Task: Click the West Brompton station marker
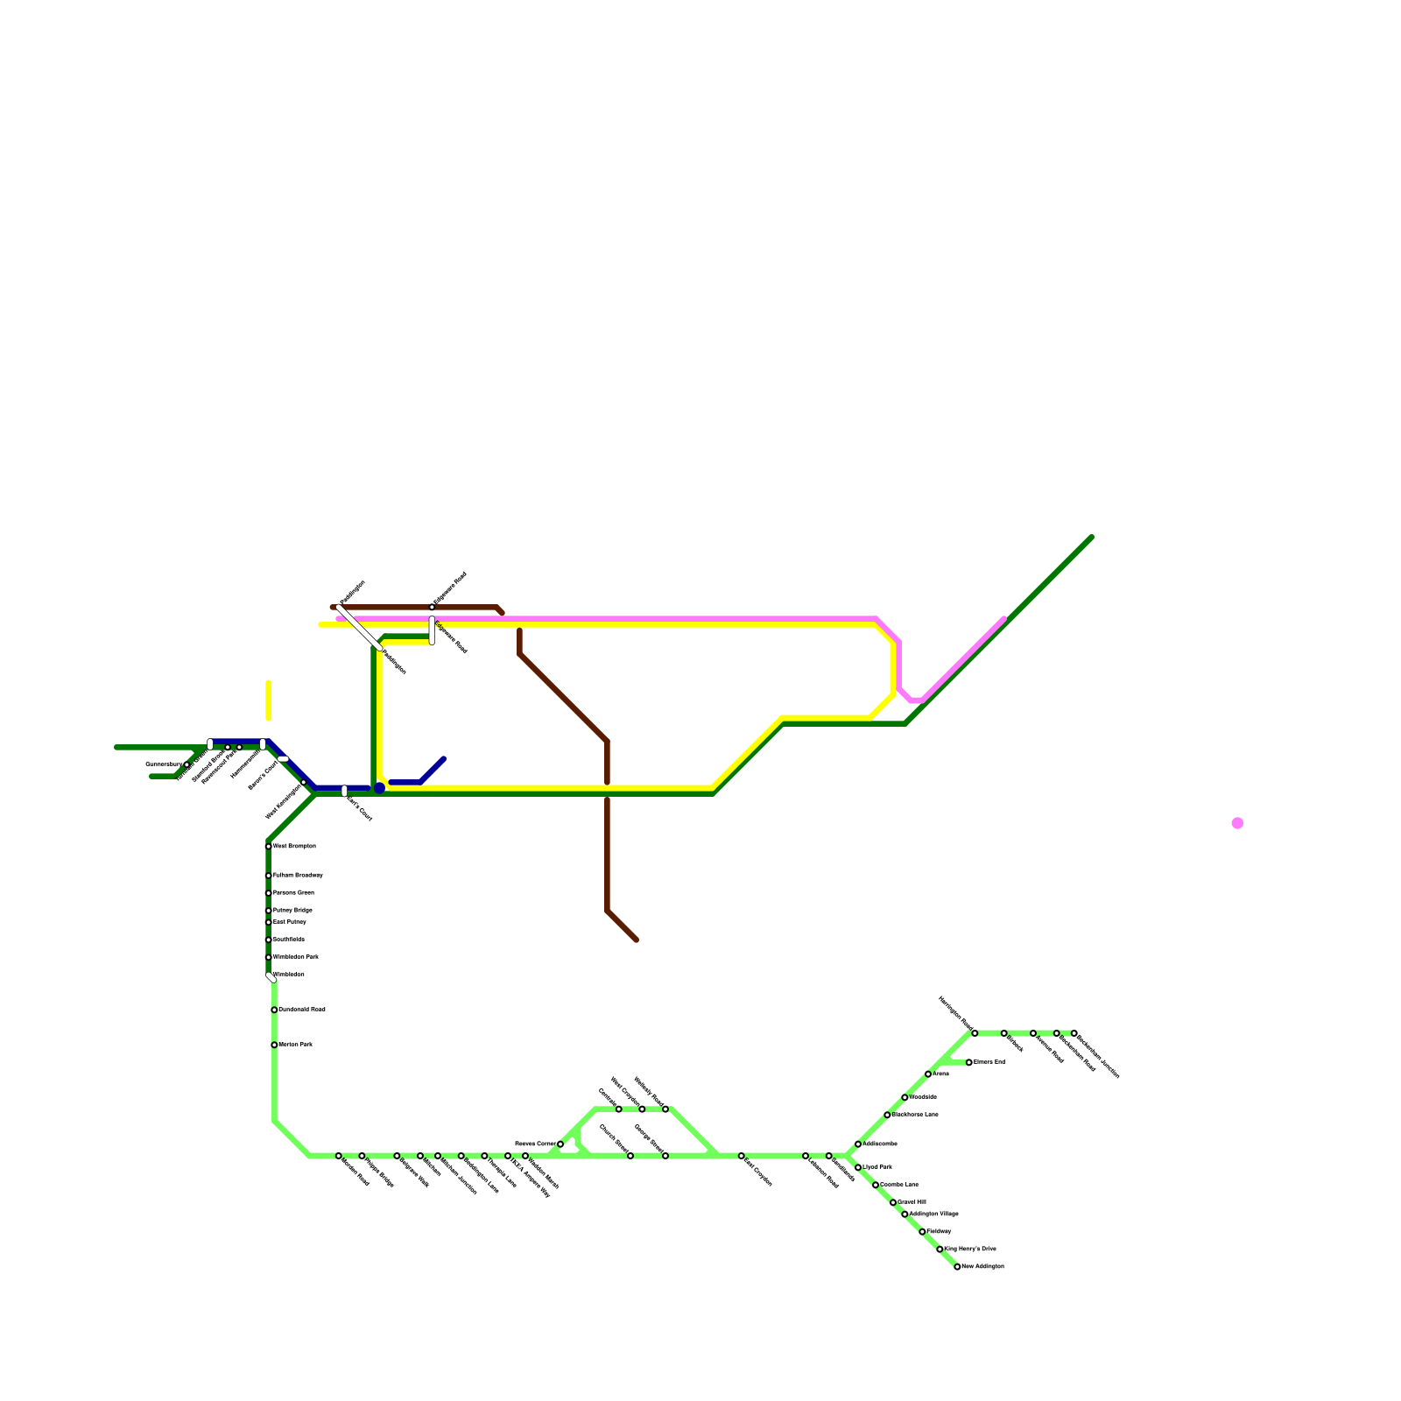pos(269,847)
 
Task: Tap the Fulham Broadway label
pos(298,876)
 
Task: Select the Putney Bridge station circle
pos(269,911)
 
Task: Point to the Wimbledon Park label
pos(296,957)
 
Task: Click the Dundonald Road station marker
pos(274,1010)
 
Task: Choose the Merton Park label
pos(295,1045)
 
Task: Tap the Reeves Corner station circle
pos(560,1144)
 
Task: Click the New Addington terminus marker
pos(957,1267)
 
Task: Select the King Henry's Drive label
pos(970,1249)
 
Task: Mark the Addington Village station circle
pos(905,1214)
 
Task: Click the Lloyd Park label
pos(877,1167)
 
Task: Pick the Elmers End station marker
pos(969,1062)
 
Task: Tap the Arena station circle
pos(928,1074)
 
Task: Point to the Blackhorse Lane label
pos(915,1115)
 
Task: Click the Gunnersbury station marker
pos(187,764)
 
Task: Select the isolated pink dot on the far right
pos(1237,823)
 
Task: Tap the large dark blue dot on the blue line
pos(379,788)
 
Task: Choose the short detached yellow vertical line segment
pos(269,700)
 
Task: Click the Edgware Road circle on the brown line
pos(432,607)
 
